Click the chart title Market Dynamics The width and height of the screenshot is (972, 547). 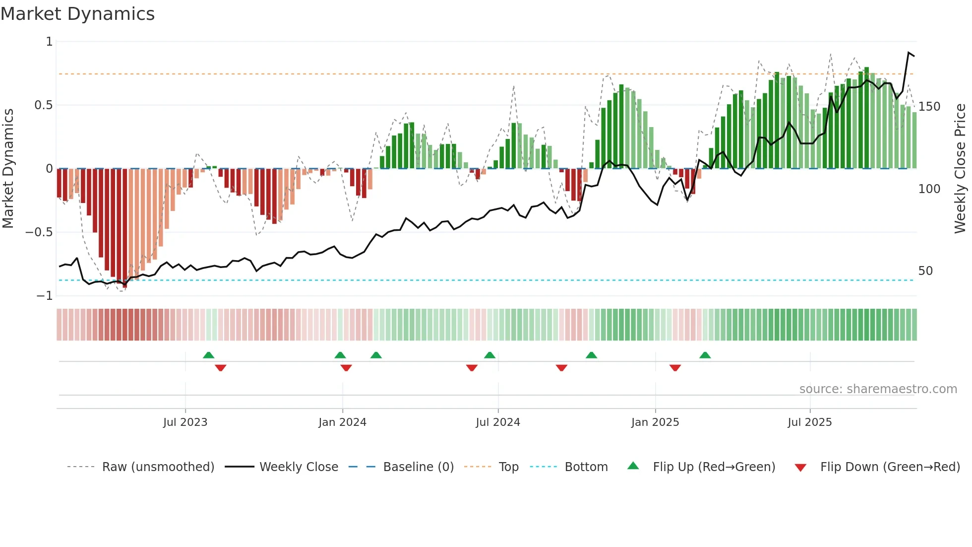click(x=77, y=14)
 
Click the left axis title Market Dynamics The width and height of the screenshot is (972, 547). click(x=8, y=169)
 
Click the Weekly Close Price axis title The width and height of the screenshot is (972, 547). click(x=960, y=169)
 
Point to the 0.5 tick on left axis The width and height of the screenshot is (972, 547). click(x=43, y=105)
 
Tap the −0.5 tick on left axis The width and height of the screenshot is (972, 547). click(x=39, y=232)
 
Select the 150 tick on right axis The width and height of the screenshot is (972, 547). click(x=929, y=107)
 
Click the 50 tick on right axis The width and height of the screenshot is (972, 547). click(x=925, y=271)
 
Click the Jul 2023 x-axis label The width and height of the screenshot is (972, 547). click(x=185, y=422)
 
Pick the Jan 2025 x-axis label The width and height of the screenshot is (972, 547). click(x=655, y=422)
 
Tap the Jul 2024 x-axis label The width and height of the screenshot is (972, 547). click(x=497, y=422)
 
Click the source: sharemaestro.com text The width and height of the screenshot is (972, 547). click(x=878, y=389)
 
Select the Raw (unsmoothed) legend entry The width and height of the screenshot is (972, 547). click(x=158, y=467)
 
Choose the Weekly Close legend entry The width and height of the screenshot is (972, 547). click(x=299, y=467)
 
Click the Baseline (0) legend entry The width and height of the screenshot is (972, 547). click(x=418, y=467)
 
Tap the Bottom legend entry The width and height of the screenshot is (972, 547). click(x=586, y=467)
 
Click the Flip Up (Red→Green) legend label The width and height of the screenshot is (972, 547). click(x=714, y=467)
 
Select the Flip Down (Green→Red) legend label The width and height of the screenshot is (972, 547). click(x=890, y=467)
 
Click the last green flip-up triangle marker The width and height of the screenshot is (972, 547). click(x=705, y=355)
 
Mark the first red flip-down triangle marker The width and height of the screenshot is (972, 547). click(x=221, y=367)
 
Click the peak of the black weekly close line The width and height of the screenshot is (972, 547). click(x=909, y=53)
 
